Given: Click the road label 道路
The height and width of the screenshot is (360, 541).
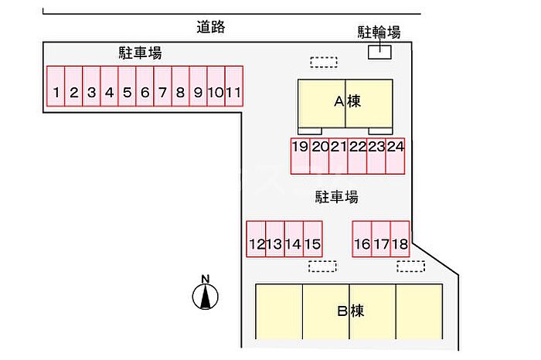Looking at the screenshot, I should pyautogui.click(x=210, y=27).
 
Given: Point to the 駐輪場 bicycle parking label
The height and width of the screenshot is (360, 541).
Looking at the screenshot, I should pyautogui.click(x=379, y=32).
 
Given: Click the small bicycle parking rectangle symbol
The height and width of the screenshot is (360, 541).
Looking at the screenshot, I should pyautogui.click(x=379, y=52).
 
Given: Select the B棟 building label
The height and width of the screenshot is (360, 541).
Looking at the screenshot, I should pyautogui.click(x=350, y=312).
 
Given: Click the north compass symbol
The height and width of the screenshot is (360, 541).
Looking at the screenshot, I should pyautogui.click(x=205, y=294).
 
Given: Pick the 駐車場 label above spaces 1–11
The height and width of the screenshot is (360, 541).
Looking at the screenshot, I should pyautogui.click(x=140, y=53).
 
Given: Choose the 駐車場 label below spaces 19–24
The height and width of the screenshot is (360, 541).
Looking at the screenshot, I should pyautogui.click(x=336, y=197).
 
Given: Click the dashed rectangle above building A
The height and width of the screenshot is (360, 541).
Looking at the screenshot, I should pyautogui.click(x=324, y=61).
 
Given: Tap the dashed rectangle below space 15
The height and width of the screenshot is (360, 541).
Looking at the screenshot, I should pyautogui.click(x=322, y=266).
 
